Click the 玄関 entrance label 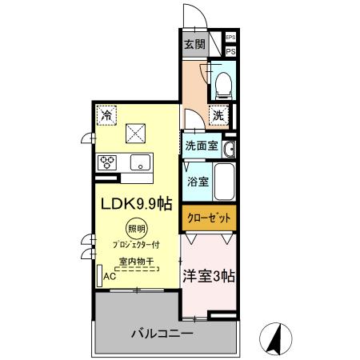[x=194, y=44]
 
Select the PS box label [x=230, y=52]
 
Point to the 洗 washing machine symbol [x=218, y=115]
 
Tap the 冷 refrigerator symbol [x=107, y=115]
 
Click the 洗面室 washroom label [x=201, y=146]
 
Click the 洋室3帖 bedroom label [x=208, y=276]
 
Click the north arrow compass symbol [x=274, y=338]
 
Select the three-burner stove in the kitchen [x=108, y=162]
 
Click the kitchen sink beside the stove [x=142, y=162]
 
